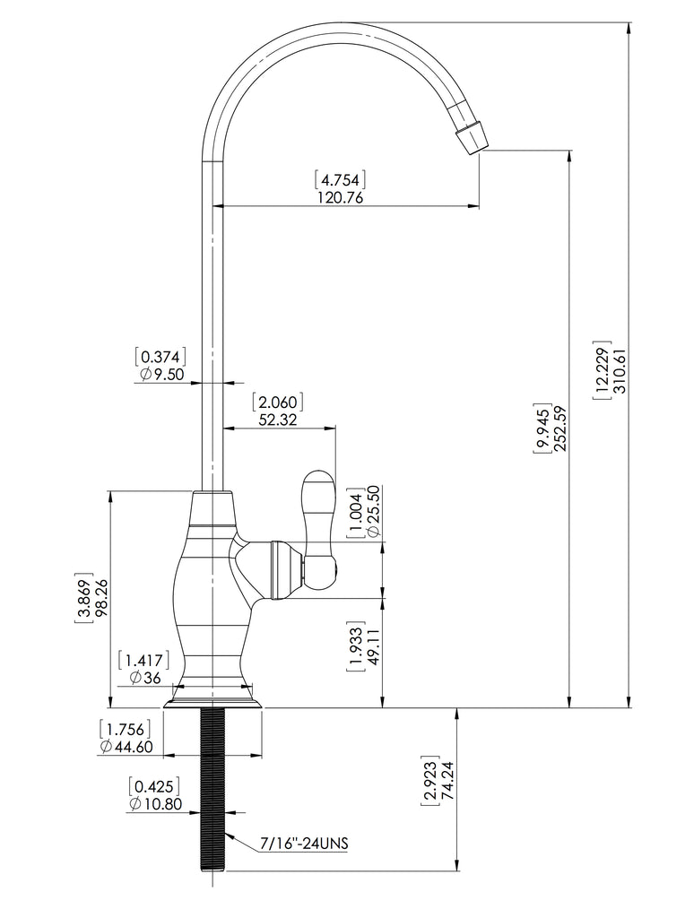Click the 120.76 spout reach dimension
[x=340, y=197]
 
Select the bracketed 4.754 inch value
[x=340, y=178]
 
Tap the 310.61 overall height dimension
[x=620, y=370]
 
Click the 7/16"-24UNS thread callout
[x=304, y=844]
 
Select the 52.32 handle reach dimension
[x=279, y=420]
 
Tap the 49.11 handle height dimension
[x=373, y=646]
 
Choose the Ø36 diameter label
[x=145, y=678]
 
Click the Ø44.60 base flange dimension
[x=126, y=747]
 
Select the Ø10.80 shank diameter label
[x=155, y=804]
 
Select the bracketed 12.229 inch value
[x=603, y=370]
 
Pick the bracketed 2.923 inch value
[x=429, y=781]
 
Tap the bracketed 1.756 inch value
[x=126, y=729]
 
